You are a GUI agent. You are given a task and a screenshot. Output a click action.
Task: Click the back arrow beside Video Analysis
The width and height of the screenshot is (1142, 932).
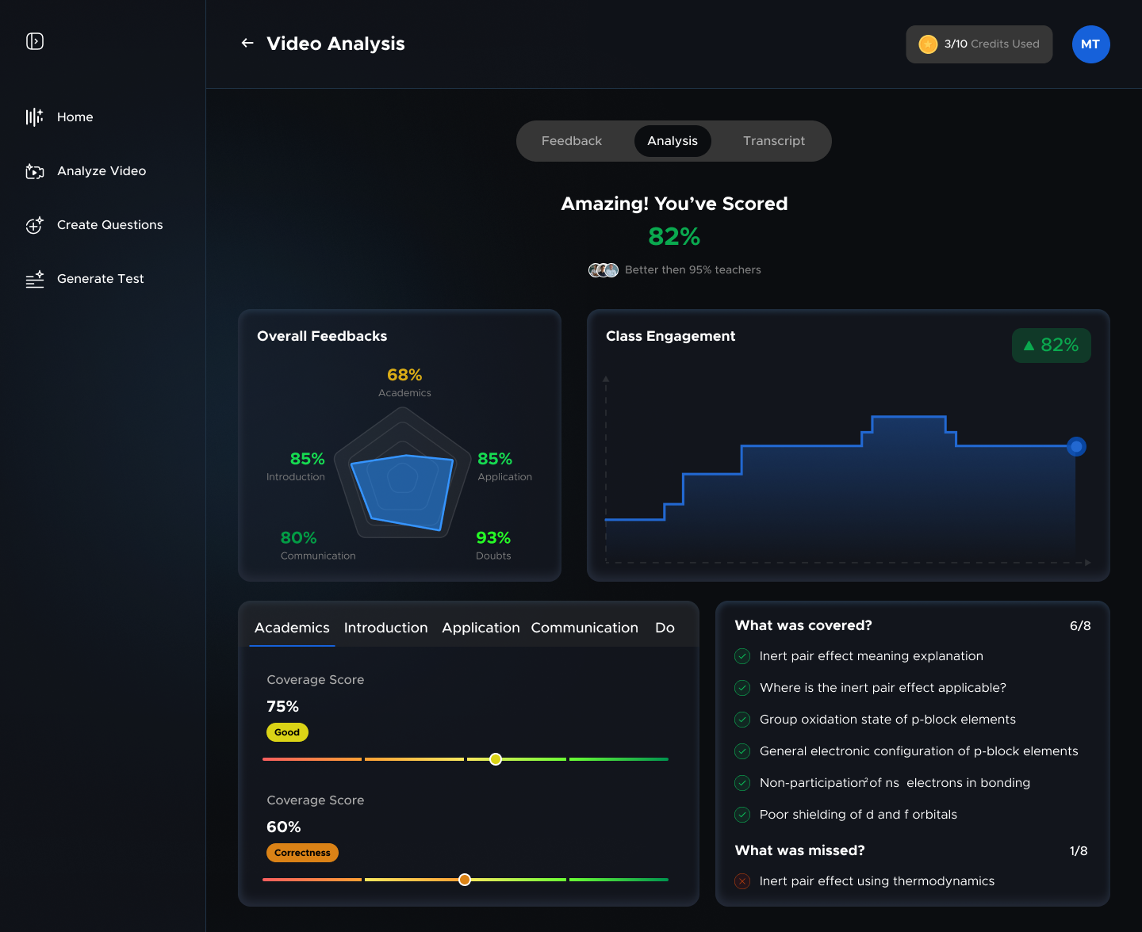click(247, 43)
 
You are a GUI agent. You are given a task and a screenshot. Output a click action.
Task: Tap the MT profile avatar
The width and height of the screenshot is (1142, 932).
click(1090, 44)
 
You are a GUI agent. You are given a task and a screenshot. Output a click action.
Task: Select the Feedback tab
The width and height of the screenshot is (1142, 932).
click(571, 141)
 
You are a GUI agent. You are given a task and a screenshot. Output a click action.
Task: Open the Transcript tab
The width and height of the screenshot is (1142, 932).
click(773, 141)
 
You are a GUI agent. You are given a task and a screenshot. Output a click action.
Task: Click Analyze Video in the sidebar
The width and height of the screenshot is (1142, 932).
click(101, 171)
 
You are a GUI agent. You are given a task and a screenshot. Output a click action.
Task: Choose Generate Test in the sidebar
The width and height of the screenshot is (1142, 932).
click(100, 279)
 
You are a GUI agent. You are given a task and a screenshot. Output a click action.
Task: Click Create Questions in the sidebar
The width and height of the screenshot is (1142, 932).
click(109, 225)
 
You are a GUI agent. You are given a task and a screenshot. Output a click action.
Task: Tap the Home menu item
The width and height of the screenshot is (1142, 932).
click(75, 117)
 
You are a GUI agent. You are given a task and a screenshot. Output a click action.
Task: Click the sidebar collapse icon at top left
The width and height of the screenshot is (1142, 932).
click(35, 41)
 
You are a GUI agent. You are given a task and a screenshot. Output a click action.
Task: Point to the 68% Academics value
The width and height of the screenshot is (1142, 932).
click(404, 375)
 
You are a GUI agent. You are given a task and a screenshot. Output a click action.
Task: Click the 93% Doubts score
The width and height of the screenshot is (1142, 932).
click(492, 538)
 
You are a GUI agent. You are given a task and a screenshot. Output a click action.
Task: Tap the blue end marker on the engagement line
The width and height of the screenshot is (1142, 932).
click(1076, 447)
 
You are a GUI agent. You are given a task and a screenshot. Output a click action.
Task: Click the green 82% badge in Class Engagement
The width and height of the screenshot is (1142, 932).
click(1051, 346)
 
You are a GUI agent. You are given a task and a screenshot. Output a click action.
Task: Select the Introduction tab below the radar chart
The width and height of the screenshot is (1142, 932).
click(385, 628)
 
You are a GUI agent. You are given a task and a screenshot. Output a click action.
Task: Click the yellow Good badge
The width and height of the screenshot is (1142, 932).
click(287, 732)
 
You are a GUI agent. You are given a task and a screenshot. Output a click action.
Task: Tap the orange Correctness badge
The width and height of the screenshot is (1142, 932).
click(302, 853)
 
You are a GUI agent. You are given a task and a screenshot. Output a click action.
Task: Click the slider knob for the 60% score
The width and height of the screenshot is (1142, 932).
click(465, 880)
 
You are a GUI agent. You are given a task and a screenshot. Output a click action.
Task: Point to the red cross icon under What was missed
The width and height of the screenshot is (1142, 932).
click(742, 881)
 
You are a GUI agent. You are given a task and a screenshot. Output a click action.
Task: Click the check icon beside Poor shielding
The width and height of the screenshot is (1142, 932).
click(742, 815)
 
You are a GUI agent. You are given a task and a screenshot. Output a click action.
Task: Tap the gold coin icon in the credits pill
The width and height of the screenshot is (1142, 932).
click(927, 44)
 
